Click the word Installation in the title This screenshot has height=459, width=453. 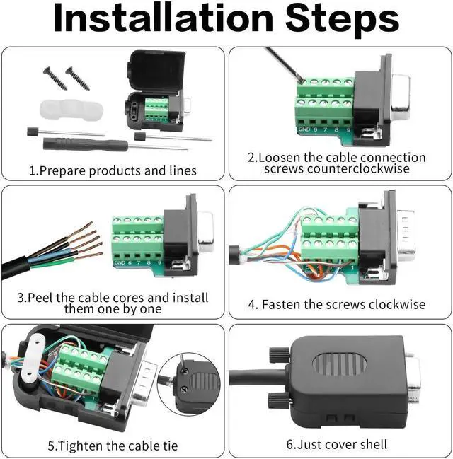(164, 18)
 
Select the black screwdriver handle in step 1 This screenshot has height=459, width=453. (85, 144)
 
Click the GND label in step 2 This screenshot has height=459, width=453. (304, 129)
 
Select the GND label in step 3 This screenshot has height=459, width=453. (120, 262)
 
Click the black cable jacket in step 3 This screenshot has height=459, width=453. (16, 267)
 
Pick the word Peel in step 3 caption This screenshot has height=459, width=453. (40, 298)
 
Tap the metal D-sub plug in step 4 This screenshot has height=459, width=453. (406, 235)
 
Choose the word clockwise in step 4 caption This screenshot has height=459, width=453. (397, 304)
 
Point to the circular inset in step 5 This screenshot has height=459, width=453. (189, 383)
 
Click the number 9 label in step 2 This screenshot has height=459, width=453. (348, 129)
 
